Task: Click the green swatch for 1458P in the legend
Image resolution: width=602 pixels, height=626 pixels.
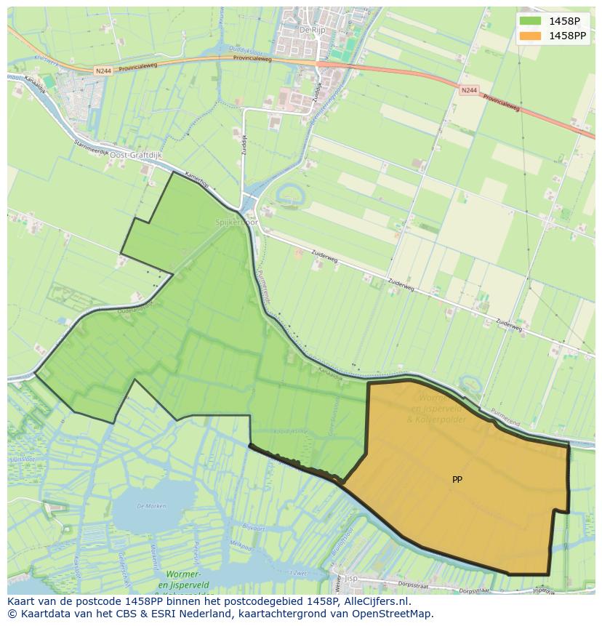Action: point(531,20)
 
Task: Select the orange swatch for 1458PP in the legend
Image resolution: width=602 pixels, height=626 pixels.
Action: point(531,35)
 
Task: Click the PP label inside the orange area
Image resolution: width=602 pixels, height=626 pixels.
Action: point(457,480)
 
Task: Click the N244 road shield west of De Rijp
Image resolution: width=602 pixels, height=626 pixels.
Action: point(103,71)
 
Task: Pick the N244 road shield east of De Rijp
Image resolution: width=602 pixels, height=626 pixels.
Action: point(469,90)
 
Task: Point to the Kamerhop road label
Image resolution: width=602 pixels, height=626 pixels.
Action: point(196,180)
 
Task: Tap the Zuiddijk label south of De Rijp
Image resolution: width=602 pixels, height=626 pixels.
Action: point(317,91)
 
